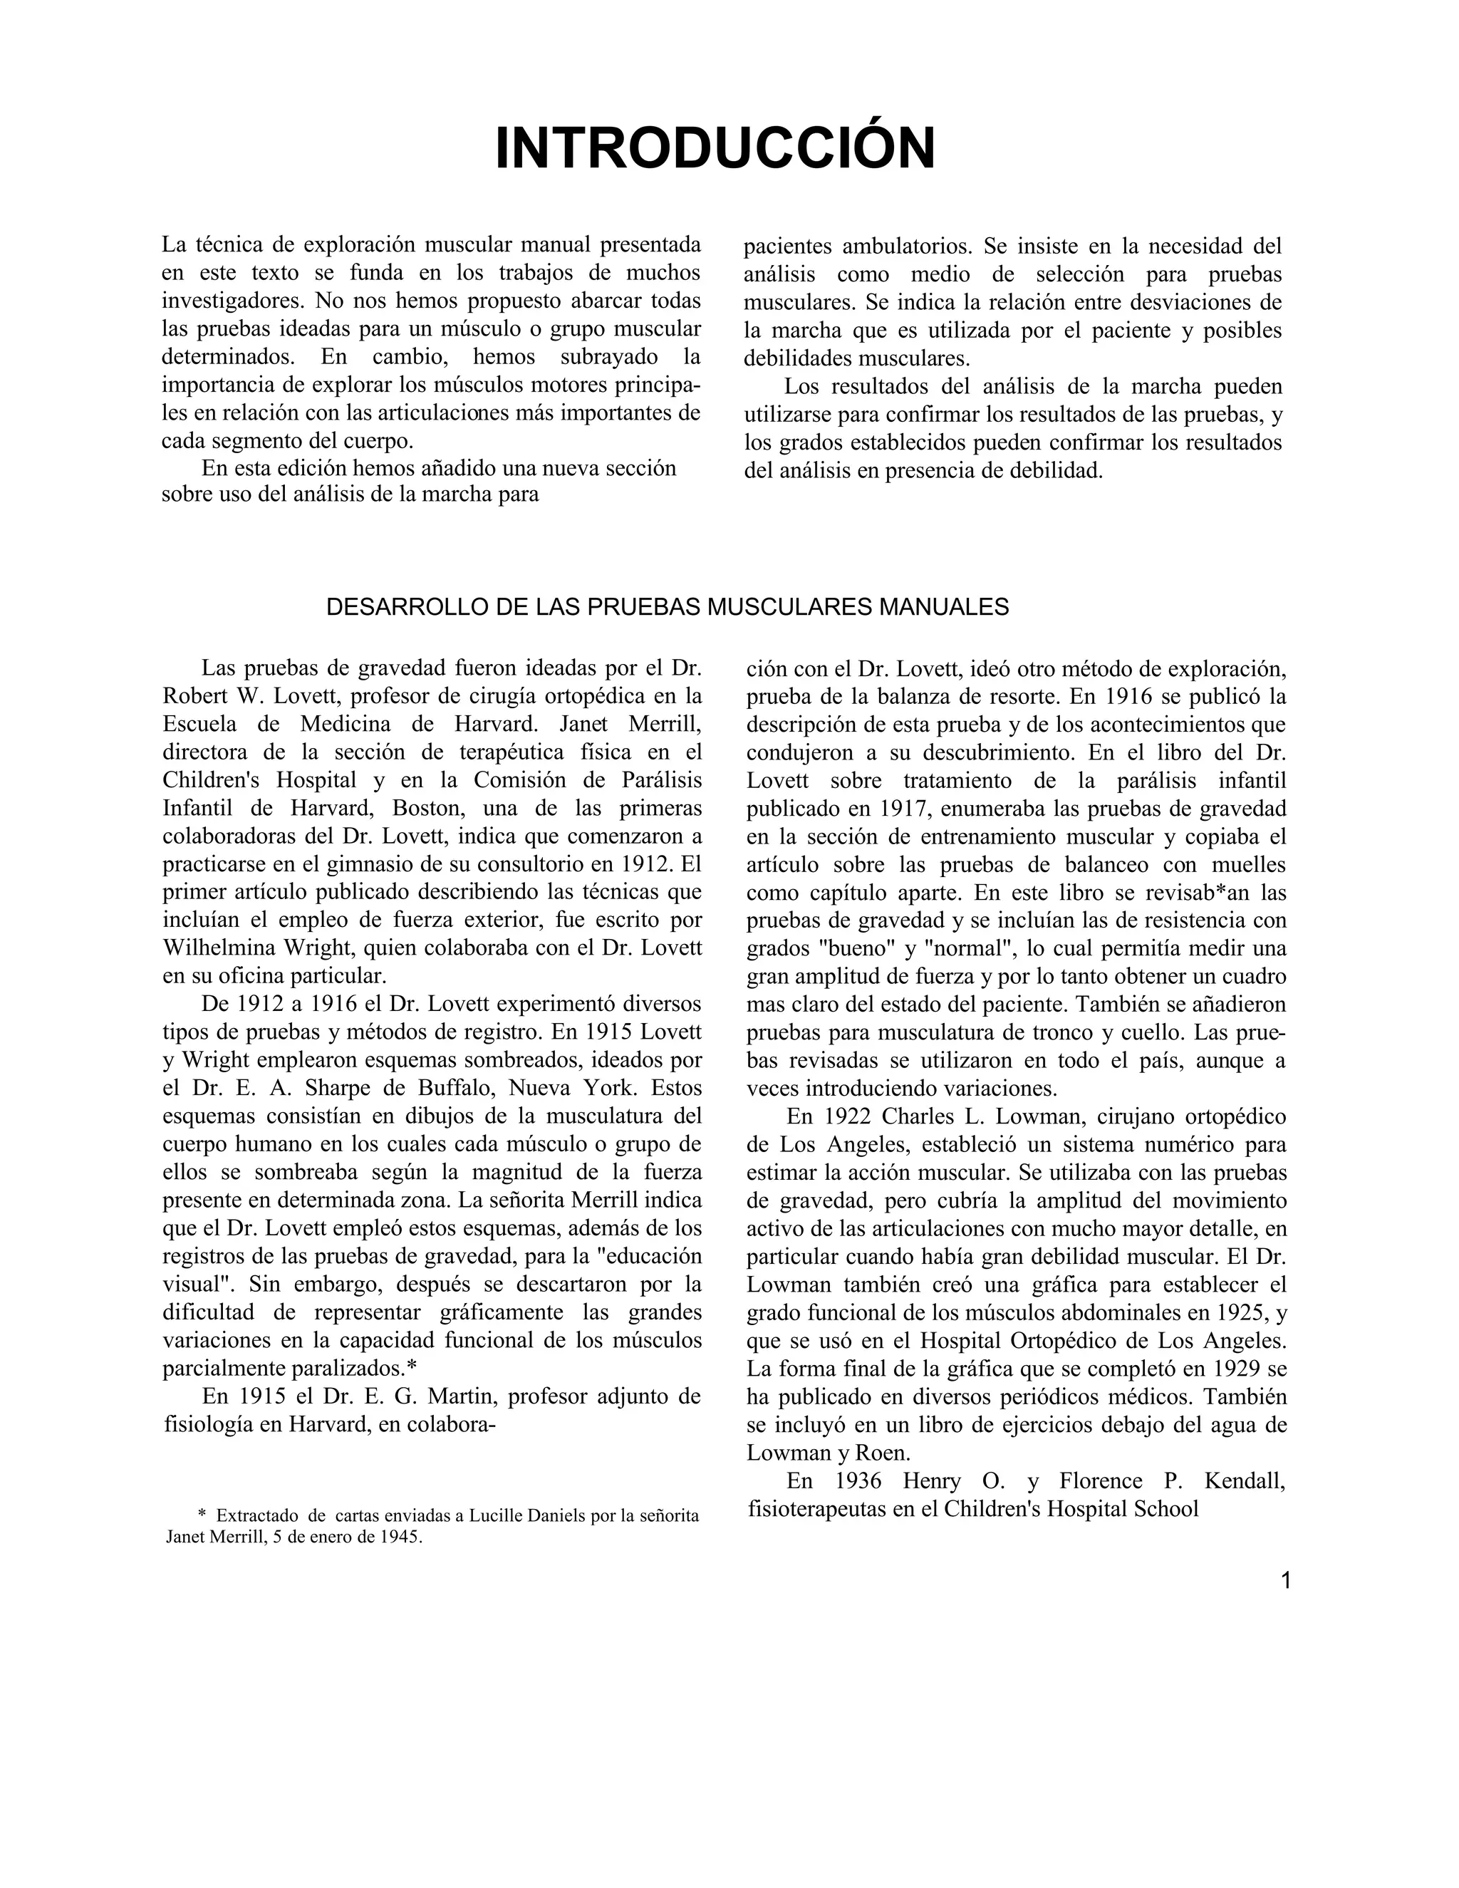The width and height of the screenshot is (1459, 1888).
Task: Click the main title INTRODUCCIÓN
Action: pos(715,149)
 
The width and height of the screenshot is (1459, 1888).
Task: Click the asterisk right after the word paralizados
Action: pos(412,1369)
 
